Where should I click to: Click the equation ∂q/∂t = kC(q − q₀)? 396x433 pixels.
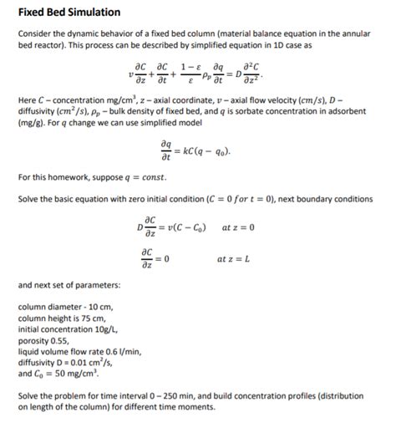(197, 151)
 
